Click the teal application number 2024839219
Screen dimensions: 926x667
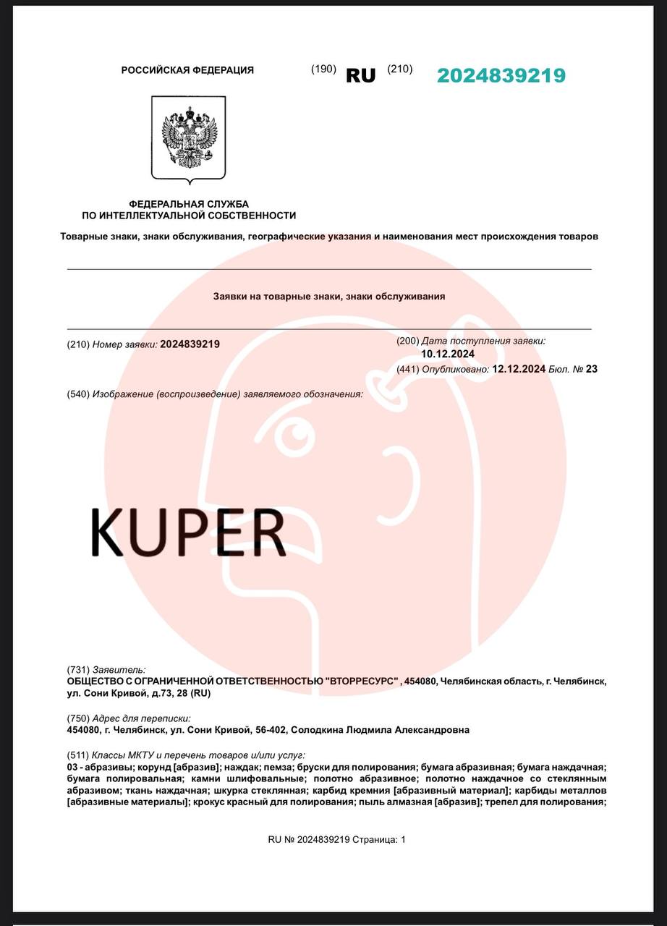pos(501,75)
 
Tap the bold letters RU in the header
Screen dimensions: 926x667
pos(360,75)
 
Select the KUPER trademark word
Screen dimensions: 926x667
pos(189,532)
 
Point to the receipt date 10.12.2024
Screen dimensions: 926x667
pos(448,354)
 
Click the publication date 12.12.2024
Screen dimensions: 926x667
pos(518,369)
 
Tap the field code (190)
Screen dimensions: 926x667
pos(323,69)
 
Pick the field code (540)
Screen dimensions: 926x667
pos(78,394)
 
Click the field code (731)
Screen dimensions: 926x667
pos(78,670)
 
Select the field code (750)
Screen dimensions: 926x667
pos(78,718)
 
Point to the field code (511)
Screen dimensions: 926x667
pos(78,755)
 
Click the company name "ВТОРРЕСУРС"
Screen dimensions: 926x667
pos(363,681)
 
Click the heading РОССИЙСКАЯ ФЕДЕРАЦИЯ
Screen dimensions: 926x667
pos(187,70)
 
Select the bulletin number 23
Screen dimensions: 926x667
pos(592,369)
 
